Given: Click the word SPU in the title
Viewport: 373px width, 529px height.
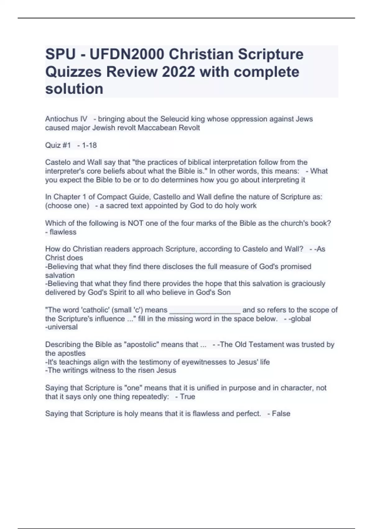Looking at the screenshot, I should click(60, 54).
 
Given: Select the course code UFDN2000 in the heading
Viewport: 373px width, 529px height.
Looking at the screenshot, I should click(127, 54).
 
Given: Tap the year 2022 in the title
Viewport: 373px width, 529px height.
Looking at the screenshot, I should click(178, 72).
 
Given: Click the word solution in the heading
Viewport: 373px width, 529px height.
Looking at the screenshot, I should click(74, 89).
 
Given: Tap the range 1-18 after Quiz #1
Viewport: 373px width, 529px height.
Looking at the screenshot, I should click(89, 145).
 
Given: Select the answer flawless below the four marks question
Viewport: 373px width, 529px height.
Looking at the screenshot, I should click(63, 232).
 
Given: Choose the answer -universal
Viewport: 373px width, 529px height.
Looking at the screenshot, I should click(61, 327).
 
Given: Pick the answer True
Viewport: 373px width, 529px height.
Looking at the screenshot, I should click(187, 397).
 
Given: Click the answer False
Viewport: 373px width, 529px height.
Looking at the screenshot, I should click(281, 414).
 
